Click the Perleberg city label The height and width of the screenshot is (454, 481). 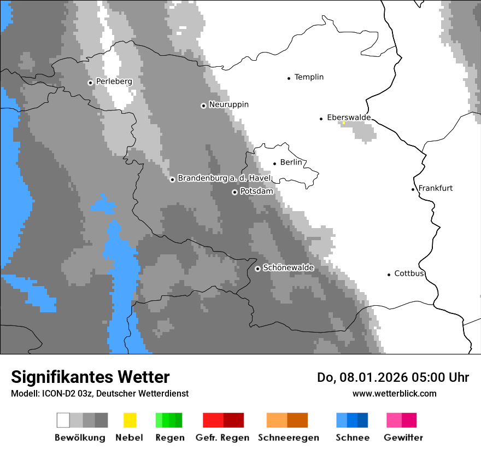pyautogui.click(x=114, y=82)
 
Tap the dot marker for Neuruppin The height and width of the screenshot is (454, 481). pyautogui.click(x=203, y=106)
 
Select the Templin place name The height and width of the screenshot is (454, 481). pyautogui.click(x=309, y=77)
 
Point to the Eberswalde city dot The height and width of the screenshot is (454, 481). pyautogui.click(x=321, y=119)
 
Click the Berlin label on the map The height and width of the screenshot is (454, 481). pyautogui.click(x=291, y=162)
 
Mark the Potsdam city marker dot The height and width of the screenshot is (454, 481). pyautogui.click(x=234, y=192)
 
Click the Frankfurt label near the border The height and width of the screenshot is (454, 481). pyautogui.click(x=435, y=188)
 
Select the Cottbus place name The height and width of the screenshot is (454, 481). pyautogui.click(x=409, y=273)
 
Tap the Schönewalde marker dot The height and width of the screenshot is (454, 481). pyautogui.click(x=257, y=269)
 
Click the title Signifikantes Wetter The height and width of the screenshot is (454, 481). pyautogui.click(x=90, y=377)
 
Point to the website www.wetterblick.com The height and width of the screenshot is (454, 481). pyautogui.click(x=394, y=393)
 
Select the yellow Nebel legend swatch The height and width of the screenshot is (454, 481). pyautogui.click(x=130, y=420)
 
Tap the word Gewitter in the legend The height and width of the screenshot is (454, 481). pyautogui.click(x=403, y=438)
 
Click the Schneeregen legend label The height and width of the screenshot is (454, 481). pyautogui.click(x=288, y=438)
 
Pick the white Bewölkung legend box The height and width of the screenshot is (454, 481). pyautogui.click(x=63, y=420)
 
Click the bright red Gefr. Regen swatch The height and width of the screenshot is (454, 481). pyautogui.click(x=213, y=420)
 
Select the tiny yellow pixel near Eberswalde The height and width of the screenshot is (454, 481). pyautogui.click(x=344, y=123)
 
